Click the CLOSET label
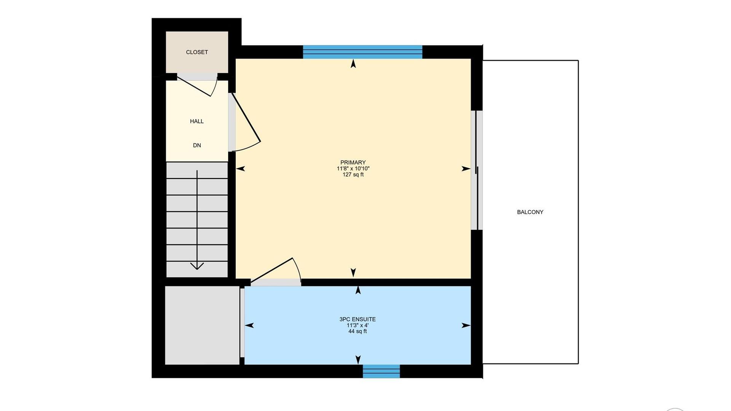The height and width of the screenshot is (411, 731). pyautogui.click(x=197, y=52)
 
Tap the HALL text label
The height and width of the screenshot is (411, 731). pyautogui.click(x=197, y=121)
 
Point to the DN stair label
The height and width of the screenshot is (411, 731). pyautogui.click(x=197, y=145)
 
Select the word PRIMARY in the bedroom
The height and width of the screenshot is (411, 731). pyautogui.click(x=353, y=162)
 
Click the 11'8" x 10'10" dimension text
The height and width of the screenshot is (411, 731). pyautogui.click(x=353, y=169)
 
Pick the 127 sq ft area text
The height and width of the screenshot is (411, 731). pyautogui.click(x=353, y=175)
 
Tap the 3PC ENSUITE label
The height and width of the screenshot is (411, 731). pyautogui.click(x=358, y=319)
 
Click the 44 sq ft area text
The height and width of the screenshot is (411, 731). pyautogui.click(x=358, y=331)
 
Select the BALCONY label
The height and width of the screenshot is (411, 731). pyautogui.click(x=530, y=212)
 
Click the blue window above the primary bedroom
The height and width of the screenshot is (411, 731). pyautogui.click(x=362, y=52)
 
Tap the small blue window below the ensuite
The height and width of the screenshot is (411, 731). pyautogui.click(x=381, y=371)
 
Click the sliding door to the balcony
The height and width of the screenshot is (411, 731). pyautogui.click(x=477, y=170)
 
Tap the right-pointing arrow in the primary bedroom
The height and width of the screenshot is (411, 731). pyautogui.click(x=466, y=169)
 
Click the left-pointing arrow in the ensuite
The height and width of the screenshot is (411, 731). pyautogui.click(x=249, y=325)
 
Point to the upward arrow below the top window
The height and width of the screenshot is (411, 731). pyautogui.click(x=353, y=64)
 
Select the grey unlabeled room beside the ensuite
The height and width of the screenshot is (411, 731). pyautogui.click(x=202, y=325)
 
